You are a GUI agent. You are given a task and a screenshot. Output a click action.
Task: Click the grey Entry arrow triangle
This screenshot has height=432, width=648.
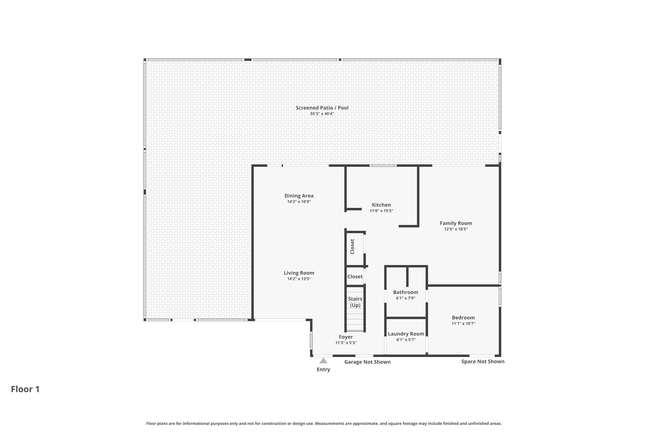(x=323, y=361)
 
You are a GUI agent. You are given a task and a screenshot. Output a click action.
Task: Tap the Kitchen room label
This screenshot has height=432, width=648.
(x=381, y=205)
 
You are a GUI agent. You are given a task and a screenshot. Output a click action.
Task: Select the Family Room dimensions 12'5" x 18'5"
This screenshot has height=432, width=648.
(x=456, y=229)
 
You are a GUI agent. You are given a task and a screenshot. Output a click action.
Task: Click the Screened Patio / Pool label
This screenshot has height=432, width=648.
(x=322, y=108)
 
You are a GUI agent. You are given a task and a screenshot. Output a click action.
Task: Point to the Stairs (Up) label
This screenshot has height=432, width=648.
(x=355, y=302)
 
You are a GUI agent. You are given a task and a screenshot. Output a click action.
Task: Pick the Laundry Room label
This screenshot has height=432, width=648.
(x=406, y=334)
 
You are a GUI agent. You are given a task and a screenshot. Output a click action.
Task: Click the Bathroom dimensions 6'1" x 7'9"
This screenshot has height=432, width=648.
(x=406, y=298)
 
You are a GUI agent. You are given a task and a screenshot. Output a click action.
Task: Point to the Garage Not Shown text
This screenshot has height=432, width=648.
(x=367, y=362)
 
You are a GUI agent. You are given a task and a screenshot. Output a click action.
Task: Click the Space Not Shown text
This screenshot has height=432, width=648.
(x=483, y=361)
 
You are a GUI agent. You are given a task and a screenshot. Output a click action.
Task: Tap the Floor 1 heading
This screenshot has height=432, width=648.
(x=25, y=389)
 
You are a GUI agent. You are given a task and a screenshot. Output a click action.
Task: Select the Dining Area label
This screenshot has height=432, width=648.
(x=299, y=196)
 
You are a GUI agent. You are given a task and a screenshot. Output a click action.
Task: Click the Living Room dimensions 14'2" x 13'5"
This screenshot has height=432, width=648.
(x=299, y=279)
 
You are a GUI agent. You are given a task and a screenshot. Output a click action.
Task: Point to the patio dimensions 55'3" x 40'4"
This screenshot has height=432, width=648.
(x=322, y=114)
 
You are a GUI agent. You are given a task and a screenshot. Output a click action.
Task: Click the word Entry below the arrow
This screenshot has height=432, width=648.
(x=323, y=369)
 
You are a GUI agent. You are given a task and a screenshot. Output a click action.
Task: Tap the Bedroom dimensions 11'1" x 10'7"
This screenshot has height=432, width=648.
(x=463, y=323)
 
